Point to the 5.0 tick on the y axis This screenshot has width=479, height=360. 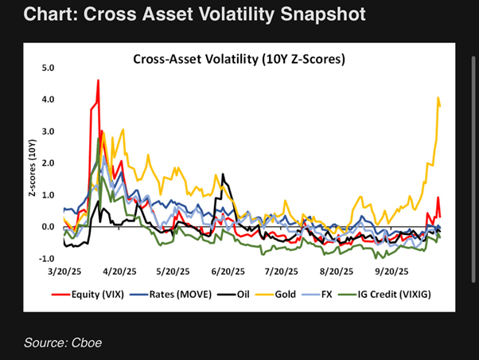47,68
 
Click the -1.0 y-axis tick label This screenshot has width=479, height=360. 45,259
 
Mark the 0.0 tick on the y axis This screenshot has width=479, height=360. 47,227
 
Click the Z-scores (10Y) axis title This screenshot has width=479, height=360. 33,163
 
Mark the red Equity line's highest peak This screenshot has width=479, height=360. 98,80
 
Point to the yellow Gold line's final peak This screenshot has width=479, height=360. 438,98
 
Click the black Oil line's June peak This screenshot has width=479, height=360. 223,174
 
